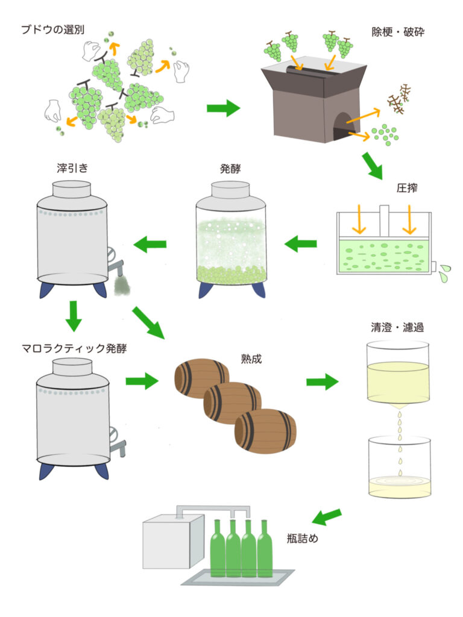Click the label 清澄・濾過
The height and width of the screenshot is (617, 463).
coord(398,328)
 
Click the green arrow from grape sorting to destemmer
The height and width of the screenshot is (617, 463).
coord(223,108)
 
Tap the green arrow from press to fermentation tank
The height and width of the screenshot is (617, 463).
coord(300,243)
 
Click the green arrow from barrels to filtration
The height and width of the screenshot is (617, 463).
coord(323,381)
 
